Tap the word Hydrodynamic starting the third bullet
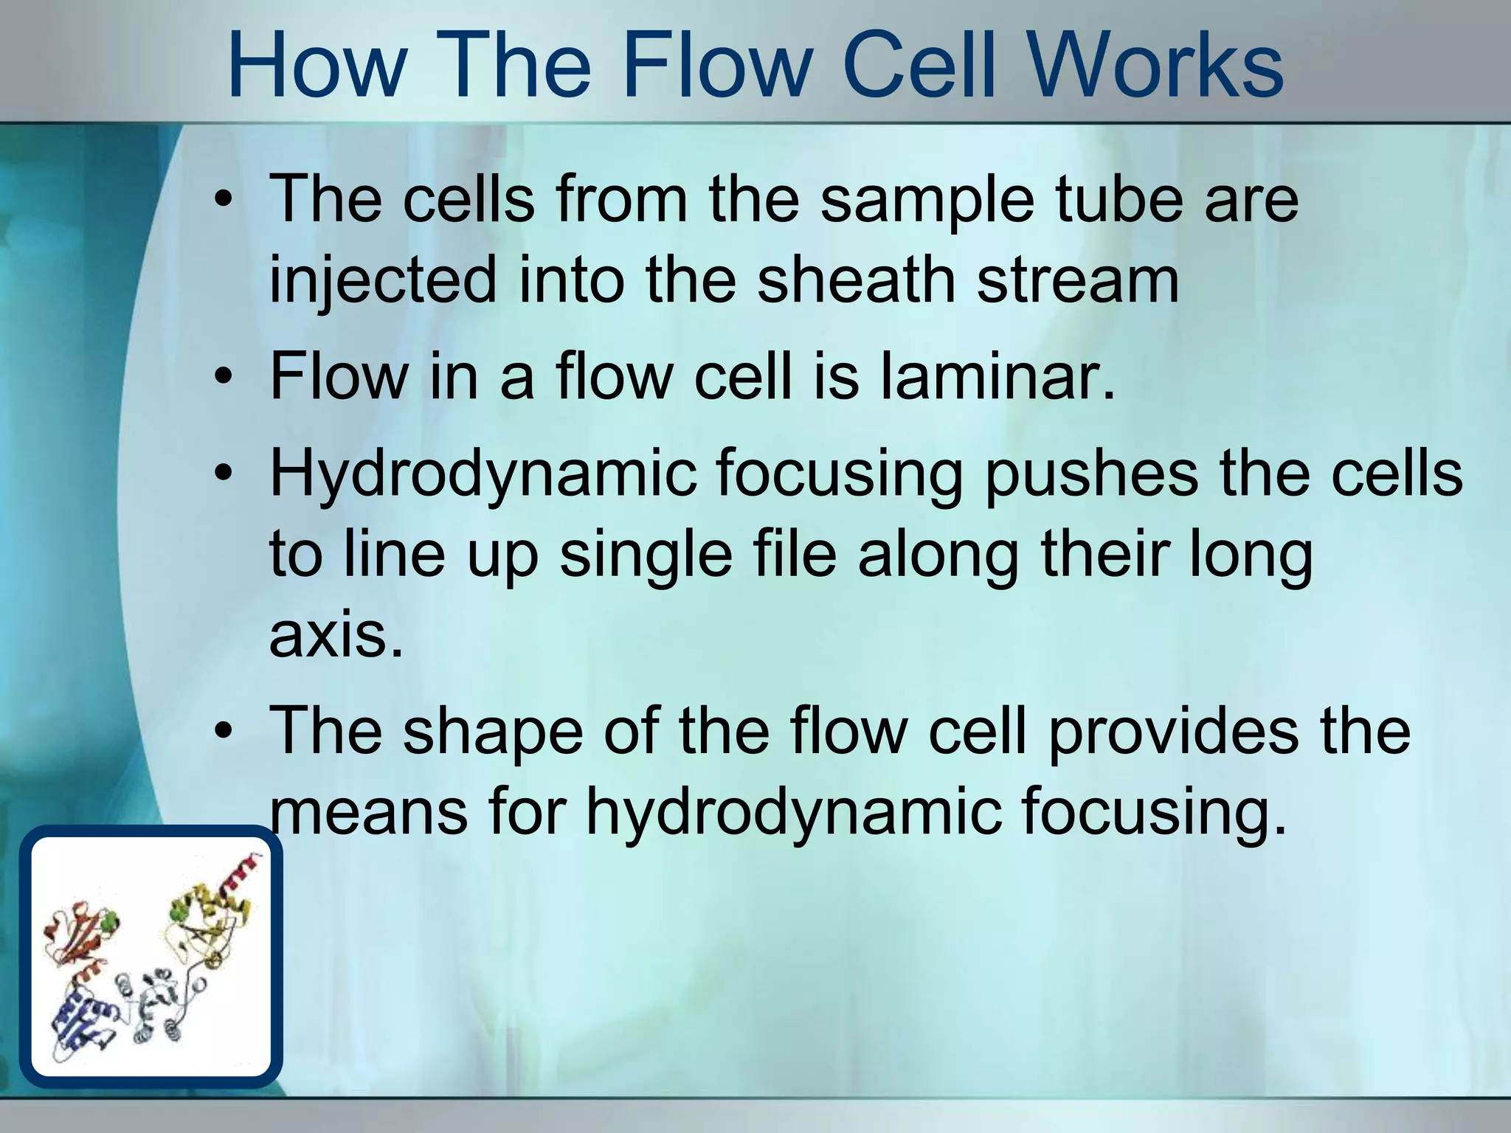[483, 476]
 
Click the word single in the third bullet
[646, 557]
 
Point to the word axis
[336, 636]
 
